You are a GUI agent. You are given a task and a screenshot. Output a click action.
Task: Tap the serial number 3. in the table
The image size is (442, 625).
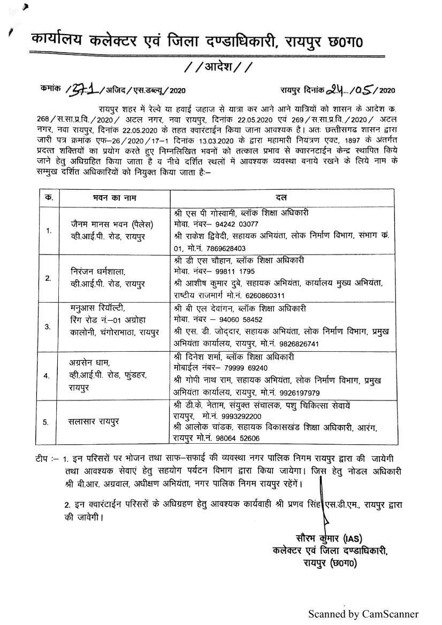48,326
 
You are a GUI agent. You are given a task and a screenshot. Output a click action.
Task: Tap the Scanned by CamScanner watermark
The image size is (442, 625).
363,614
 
